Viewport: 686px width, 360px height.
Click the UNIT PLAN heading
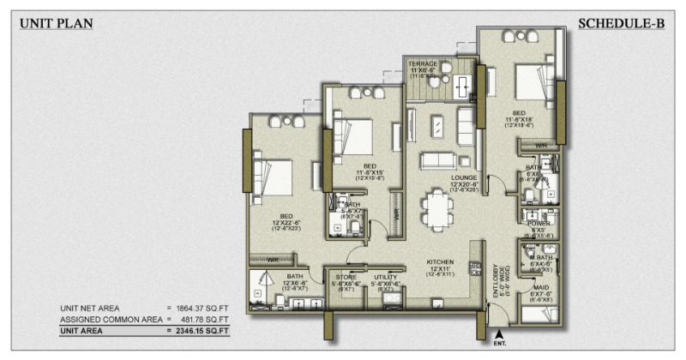coord(56,23)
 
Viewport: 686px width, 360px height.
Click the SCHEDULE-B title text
coord(622,23)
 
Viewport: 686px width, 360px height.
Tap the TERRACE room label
coord(423,64)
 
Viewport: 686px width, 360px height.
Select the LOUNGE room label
coord(464,178)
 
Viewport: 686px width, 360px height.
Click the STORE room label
coord(346,278)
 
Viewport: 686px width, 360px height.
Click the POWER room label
coord(539,222)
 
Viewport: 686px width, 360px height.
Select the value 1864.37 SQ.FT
coord(202,307)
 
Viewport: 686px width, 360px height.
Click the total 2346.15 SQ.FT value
coord(202,328)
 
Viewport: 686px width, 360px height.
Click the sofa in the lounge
coord(436,160)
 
